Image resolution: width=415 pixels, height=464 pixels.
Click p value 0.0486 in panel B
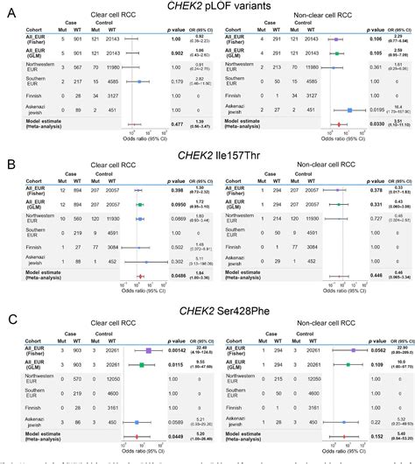[x=178, y=276]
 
